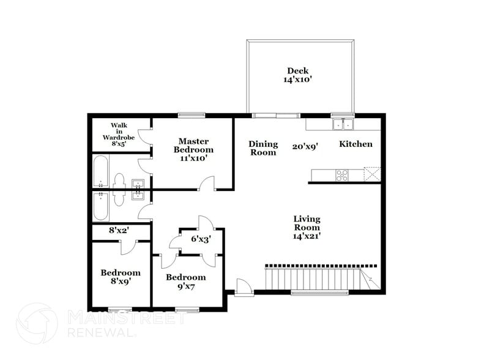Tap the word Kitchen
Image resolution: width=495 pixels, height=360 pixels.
(x=355, y=144)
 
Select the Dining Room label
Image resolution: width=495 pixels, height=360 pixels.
(x=263, y=148)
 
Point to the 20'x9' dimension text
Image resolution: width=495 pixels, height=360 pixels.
(x=304, y=146)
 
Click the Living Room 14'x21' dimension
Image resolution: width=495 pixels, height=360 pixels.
(x=307, y=236)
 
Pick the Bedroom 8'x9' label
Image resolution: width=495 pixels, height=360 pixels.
(x=121, y=277)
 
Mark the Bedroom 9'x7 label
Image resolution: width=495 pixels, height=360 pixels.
(x=186, y=282)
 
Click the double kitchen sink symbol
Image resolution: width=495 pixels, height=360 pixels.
(x=343, y=124)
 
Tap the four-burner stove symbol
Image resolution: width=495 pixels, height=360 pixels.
(x=342, y=175)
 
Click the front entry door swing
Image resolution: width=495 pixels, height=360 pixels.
(x=244, y=287)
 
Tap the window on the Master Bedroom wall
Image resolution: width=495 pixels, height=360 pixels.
(x=191, y=114)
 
